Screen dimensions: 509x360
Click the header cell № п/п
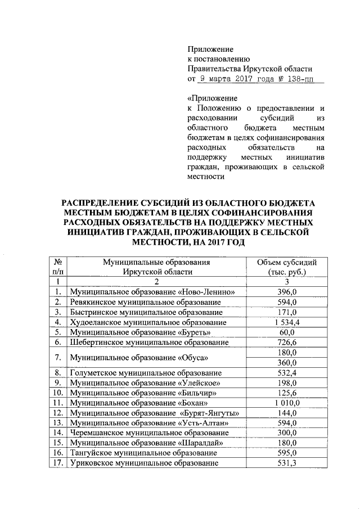pos(57,266)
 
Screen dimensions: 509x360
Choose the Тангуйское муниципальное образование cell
pos(143,453)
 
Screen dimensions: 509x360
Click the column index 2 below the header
pos(156,281)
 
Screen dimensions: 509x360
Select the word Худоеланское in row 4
pos(96,322)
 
